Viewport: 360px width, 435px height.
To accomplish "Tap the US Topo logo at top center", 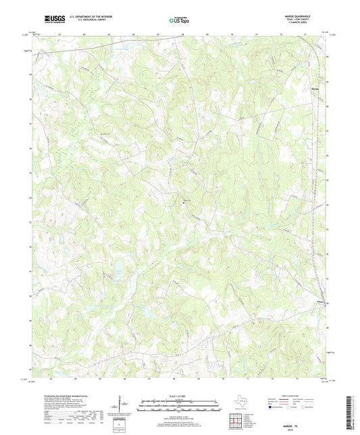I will click(178, 20).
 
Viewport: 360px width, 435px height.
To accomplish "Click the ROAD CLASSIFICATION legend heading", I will click(290, 395).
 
